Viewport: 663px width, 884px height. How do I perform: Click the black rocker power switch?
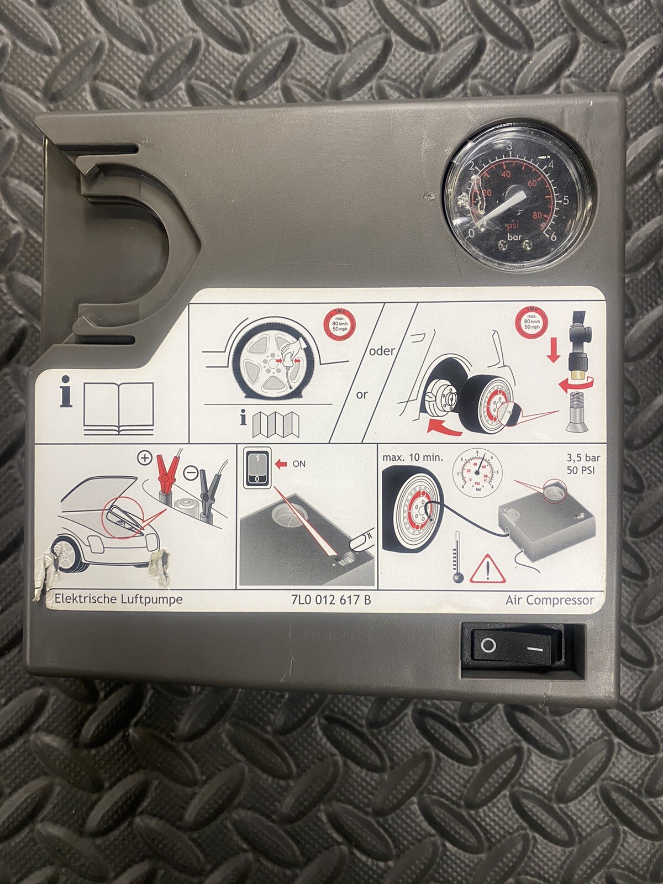point(512,645)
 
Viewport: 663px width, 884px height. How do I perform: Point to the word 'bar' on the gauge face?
point(514,238)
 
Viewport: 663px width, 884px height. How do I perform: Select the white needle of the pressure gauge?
point(497,207)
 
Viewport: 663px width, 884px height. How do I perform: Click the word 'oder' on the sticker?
point(382,351)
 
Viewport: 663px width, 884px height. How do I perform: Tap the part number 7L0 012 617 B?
point(331,599)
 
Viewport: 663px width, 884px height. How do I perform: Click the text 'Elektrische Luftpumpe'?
point(118,599)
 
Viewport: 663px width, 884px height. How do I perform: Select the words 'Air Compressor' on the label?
point(549,600)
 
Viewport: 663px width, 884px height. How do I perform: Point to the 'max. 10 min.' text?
point(412,458)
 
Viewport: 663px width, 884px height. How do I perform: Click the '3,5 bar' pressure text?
point(583,458)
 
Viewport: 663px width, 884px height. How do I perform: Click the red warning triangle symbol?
point(488,570)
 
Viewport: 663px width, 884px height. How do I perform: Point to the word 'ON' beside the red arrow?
point(299,464)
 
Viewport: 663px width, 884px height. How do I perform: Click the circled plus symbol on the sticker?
point(145,458)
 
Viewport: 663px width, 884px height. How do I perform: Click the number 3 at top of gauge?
point(509,146)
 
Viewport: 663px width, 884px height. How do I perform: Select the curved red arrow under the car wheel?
point(445,427)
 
